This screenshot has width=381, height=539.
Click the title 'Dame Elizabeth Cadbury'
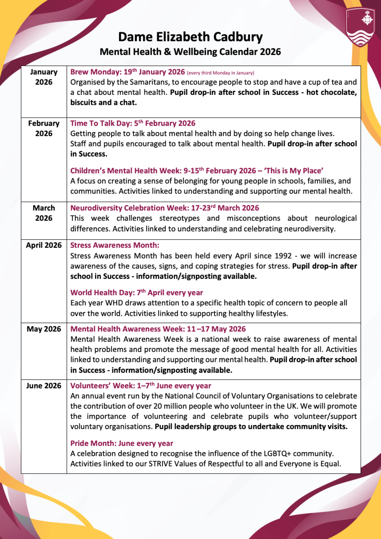190,37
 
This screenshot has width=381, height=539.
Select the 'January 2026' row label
44,77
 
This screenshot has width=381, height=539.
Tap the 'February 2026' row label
44,128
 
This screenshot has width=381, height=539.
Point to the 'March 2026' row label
44,213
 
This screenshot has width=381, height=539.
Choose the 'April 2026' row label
44,245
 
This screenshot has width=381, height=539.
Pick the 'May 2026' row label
44,329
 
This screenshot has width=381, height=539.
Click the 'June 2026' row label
44,386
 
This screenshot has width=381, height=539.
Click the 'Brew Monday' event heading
128,72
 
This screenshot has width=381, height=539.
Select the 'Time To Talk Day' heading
133,123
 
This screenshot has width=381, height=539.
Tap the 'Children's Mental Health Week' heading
197,171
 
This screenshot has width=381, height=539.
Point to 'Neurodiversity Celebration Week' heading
165,208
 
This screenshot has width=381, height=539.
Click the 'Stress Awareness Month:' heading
115,245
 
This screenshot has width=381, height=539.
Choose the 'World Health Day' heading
137,293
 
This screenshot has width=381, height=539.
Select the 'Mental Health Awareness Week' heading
158,329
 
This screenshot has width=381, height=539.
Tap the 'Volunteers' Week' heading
140,386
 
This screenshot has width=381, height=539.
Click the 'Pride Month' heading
122,443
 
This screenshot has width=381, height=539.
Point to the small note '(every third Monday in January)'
220,73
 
